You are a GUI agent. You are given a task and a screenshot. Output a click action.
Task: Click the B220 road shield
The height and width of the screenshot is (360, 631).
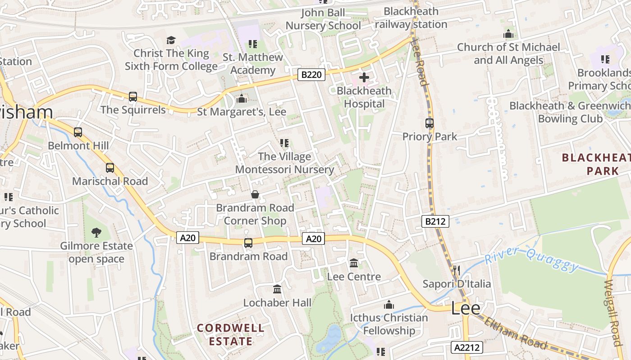pos(311,75)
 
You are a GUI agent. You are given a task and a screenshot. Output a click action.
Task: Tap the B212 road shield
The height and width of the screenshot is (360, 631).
pos(436,221)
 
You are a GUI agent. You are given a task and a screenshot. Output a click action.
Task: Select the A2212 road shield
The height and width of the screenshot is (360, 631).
pos(467,347)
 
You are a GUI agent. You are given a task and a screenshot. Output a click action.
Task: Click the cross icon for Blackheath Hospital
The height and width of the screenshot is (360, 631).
pos(364,78)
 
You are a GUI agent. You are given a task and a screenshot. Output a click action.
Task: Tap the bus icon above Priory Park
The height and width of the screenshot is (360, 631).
pos(430,123)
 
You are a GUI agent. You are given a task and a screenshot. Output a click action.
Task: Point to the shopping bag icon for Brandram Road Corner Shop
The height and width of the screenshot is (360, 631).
pos(255,194)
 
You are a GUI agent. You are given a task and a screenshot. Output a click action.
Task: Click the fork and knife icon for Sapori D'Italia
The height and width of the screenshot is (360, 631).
pos(457,270)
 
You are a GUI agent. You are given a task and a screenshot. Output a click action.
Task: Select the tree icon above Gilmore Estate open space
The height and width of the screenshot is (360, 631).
pos(96,233)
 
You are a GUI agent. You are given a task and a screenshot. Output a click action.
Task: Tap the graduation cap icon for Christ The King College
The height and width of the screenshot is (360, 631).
pos(171,40)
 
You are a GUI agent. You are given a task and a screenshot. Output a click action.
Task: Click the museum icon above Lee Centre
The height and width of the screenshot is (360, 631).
pos(354,263)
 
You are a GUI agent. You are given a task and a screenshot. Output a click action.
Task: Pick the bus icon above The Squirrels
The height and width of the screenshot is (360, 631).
pos(133,97)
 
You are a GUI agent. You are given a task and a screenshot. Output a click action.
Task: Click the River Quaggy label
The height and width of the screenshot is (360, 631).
pos(532,259)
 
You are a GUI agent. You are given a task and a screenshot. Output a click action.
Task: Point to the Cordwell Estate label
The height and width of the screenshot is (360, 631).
pos(231,334)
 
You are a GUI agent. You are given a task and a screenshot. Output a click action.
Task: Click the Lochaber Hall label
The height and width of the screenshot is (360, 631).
pos(277,303)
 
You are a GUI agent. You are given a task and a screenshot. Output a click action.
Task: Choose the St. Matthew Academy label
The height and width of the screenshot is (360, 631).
pos(253,64)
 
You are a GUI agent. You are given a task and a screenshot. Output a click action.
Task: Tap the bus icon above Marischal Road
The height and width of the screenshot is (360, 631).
pos(110,168)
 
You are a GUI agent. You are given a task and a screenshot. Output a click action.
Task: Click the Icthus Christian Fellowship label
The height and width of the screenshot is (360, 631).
pos(389,324)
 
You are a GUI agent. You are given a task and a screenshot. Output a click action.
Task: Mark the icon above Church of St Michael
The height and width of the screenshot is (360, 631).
pos(508,34)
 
